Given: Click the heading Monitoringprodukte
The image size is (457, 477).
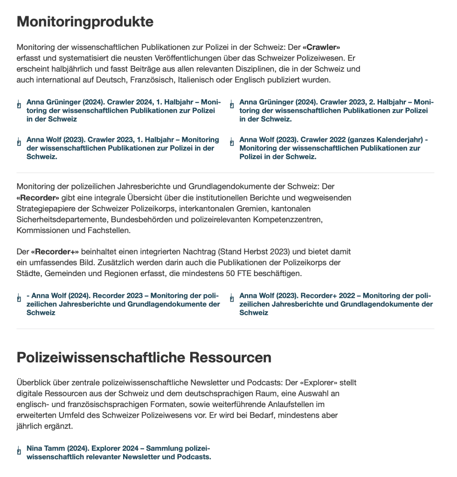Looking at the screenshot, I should pos(85,21).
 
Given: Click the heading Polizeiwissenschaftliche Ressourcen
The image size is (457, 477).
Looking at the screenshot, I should pos(144,357).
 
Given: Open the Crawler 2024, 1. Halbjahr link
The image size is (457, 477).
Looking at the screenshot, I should pos(124,111).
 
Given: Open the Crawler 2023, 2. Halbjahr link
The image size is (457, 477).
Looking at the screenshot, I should pos(336,111).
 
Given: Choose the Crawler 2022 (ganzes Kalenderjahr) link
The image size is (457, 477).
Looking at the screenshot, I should pos(333,148).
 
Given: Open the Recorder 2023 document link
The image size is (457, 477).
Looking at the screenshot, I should pos(123,304).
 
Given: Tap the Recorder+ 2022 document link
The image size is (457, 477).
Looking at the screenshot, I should pos(336,304).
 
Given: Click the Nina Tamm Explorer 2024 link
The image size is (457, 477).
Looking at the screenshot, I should pos(118,453).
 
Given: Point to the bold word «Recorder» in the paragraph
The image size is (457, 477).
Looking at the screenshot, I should pos(38,198).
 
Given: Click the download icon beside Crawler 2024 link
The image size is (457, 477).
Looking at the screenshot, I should pos(19,104).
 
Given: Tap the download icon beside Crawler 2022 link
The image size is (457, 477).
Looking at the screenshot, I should pos(232,142).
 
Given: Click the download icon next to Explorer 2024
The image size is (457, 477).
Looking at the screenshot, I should pos(19,451).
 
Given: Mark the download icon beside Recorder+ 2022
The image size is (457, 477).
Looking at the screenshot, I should pos(232,298).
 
